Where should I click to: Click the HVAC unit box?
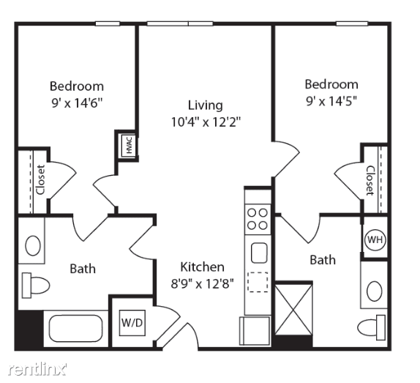coord(129,145)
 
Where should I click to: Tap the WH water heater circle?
coord(375,239)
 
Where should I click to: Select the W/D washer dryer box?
coord(132,323)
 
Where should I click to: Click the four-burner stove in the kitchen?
coord(258,219)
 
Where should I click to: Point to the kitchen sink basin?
coord(259,253)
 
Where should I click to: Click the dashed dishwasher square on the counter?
coord(258,282)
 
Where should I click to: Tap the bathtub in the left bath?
coord(76,328)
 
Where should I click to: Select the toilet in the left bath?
coord(36,285)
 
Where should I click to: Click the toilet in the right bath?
coord(372,328)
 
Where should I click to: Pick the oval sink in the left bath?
coord(33,245)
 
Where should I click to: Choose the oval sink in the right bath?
coord(375,291)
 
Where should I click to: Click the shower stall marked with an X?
coord(293,310)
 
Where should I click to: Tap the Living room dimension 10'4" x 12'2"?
coord(206,122)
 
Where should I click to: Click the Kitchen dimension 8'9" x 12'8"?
coord(202,283)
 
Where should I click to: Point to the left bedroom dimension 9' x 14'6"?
coord(77,103)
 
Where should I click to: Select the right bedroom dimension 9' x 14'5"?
coord(331,101)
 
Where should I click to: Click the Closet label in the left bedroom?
coord(41,179)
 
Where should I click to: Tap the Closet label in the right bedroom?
coord(370,181)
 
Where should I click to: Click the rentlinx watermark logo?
coord(37,369)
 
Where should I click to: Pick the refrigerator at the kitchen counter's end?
coord(255,331)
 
